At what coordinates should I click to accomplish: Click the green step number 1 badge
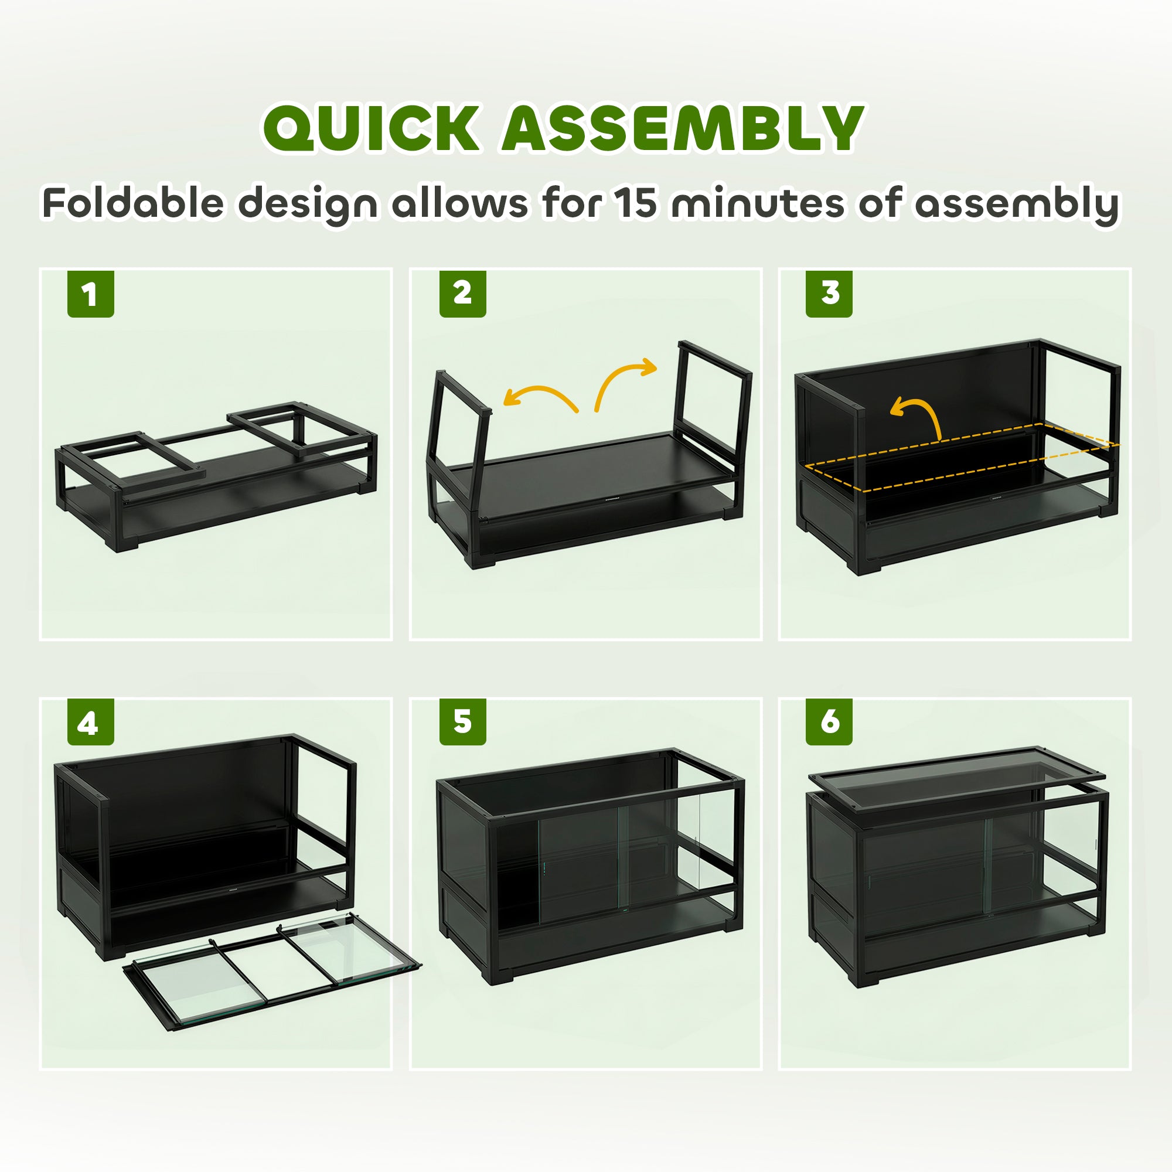90,294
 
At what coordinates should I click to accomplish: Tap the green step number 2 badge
462,294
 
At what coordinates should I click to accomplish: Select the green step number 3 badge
829,294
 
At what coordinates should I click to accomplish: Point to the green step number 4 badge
90,722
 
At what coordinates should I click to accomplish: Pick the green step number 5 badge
462,722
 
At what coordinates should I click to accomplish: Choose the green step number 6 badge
829,722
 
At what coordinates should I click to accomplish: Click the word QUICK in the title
372,128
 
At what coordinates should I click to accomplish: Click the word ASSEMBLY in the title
683,128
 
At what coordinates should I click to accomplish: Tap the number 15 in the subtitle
636,203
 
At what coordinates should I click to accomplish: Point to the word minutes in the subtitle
757,203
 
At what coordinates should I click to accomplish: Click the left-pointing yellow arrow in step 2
539,398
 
